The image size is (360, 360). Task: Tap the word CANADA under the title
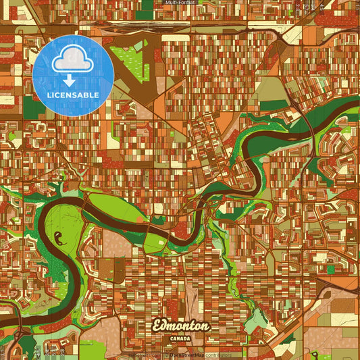(181, 337)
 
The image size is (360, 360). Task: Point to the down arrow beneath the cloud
(73, 80)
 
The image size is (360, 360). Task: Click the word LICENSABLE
(73, 95)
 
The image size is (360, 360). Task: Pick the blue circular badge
(73, 75)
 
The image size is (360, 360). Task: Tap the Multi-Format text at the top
(180, 3)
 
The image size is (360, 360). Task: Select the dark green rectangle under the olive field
(274, 105)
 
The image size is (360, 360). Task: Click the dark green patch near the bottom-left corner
(27, 344)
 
